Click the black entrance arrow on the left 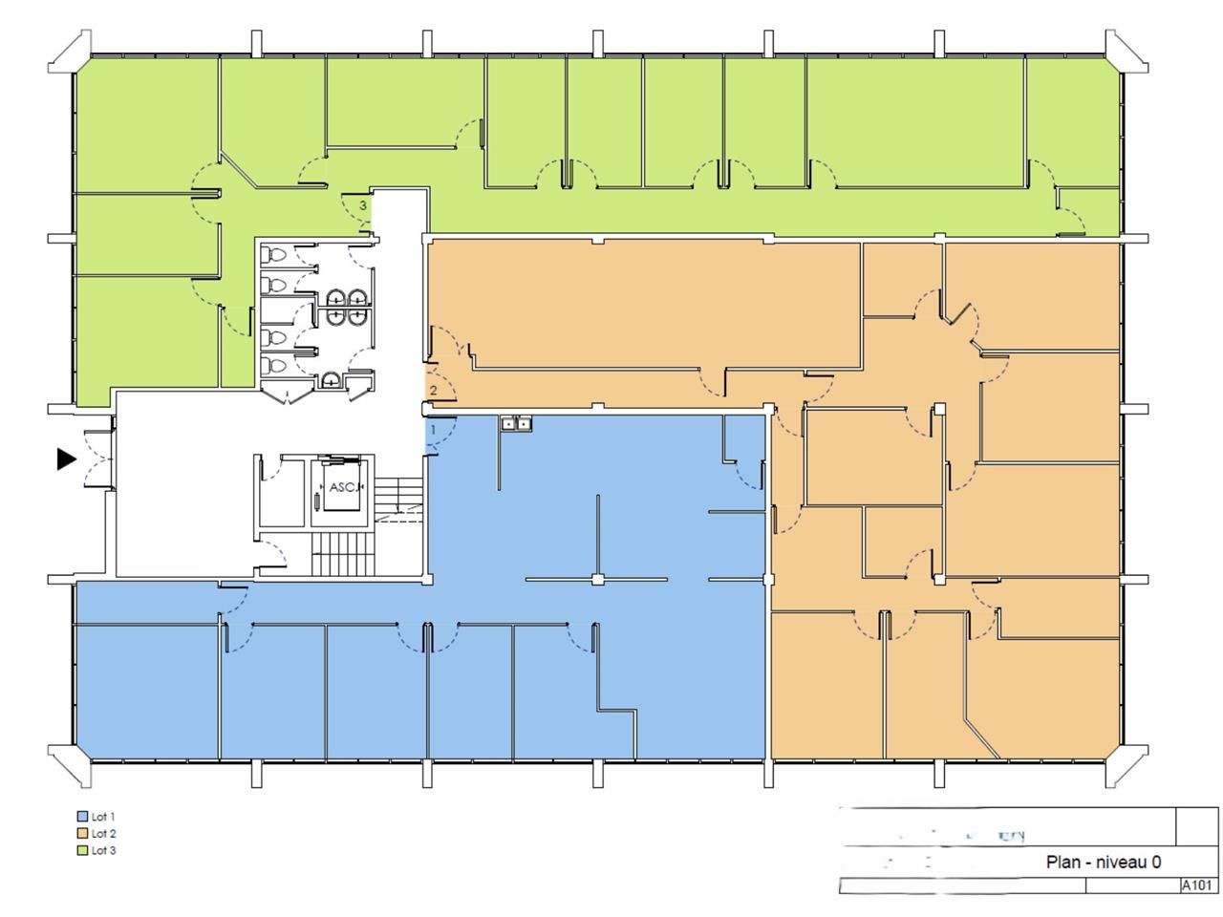coord(66,459)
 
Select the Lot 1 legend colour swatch coord(81,818)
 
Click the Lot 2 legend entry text coord(103,834)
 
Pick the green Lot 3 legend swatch coord(81,851)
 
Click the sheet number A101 coord(1198,885)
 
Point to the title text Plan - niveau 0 coord(1104,863)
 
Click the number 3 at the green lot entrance coord(362,205)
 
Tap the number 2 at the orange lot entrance coord(433,391)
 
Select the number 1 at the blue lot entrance coord(433,431)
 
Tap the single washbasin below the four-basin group coord(331,379)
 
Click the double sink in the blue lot coord(517,423)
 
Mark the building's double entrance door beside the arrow coord(98,459)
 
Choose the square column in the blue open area coord(597,580)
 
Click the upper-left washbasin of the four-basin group coord(336,297)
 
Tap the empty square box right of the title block coord(1198,826)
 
